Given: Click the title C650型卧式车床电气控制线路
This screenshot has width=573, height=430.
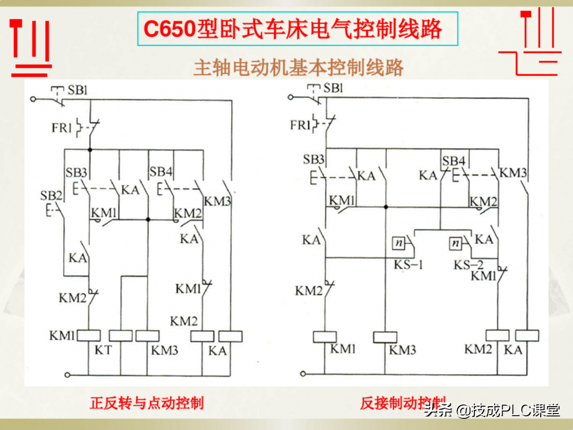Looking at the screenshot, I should [293, 29].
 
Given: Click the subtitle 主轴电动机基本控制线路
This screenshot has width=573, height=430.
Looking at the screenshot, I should [299, 68].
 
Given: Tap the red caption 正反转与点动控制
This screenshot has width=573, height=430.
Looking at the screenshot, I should [146, 403].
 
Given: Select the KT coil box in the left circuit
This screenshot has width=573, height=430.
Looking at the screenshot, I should [120, 336].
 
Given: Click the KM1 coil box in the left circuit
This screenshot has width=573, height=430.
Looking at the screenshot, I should [89, 336].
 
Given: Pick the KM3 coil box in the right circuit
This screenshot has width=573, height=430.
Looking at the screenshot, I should [385, 337].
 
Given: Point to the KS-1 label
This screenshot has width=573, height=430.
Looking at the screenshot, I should [407, 264].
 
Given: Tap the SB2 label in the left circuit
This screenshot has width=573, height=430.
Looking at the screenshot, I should [51, 195].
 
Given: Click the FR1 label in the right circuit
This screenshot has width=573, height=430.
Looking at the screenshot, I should [300, 125].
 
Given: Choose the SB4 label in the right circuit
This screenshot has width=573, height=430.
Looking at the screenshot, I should [454, 161].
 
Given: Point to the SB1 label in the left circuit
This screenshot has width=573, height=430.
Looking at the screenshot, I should [77, 90].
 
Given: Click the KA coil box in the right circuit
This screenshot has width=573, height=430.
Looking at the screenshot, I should [527, 336].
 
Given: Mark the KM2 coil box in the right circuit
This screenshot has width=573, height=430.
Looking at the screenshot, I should [498, 336].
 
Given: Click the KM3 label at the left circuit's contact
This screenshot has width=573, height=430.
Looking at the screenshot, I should [218, 202].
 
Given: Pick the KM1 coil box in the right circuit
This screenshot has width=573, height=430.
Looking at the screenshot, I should [325, 337].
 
